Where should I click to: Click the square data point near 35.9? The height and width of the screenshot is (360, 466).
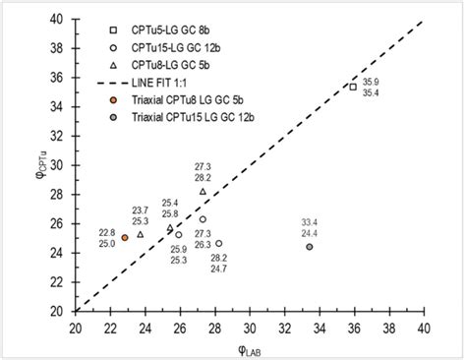click(x=353, y=87)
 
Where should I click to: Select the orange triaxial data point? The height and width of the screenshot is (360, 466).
click(x=125, y=237)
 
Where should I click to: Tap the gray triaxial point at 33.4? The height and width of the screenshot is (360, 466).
click(x=310, y=246)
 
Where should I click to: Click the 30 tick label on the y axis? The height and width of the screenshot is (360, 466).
click(x=61, y=164)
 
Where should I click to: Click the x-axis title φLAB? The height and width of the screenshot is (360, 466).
click(x=249, y=346)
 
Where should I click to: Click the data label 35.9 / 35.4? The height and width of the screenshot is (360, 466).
click(x=372, y=87)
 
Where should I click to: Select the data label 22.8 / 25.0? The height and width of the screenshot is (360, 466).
click(x=106, y=237)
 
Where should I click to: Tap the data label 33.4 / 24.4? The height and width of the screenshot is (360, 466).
click(x=309, y=227)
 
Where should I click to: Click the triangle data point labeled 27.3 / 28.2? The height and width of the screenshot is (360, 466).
click(x=204, y=191)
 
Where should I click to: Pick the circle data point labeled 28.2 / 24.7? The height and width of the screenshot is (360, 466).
click(x=218, y=243)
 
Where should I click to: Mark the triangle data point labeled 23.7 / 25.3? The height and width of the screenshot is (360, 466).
click(x=141, y=234)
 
